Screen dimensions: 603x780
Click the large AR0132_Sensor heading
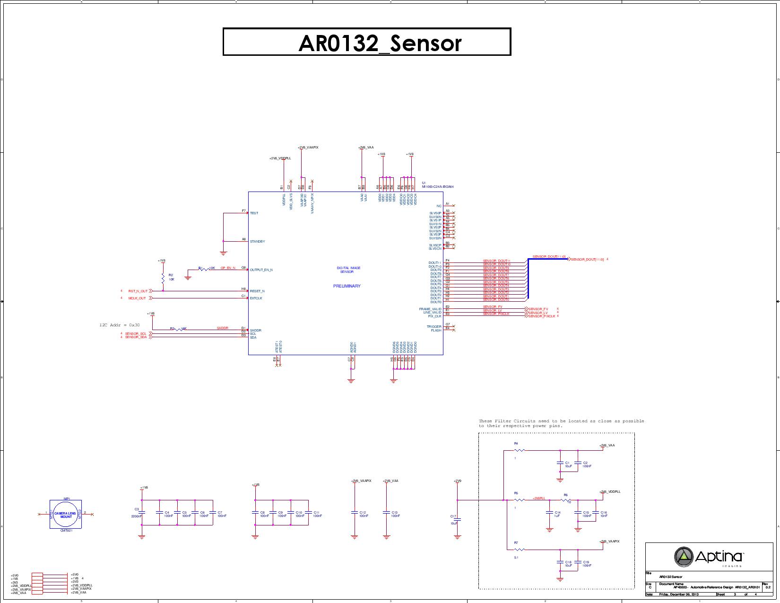[367, 43]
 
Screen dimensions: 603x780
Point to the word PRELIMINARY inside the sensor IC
[347, 286]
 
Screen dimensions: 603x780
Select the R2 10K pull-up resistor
[163, 278]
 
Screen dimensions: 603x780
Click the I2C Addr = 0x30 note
[120, 325]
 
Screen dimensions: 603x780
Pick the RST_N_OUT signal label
[138, 291]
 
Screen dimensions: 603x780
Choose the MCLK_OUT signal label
[137, 298]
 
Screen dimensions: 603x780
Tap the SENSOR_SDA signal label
[136, 337]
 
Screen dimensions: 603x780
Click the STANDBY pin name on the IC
[257, 242]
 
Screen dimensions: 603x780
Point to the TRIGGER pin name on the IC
[434, 327]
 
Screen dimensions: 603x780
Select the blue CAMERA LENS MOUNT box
[66, 515]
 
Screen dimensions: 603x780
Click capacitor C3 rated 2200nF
[141, 513]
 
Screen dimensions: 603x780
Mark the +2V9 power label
[457, 481]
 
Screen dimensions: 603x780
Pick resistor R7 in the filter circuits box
[519, 550]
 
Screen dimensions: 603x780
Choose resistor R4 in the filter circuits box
[519, 450]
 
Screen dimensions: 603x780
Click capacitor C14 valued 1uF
[550, 513]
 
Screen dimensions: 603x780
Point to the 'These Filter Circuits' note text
[561, 423]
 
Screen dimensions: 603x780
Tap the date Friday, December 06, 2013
[679, 594]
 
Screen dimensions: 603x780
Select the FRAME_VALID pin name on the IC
[430, 309]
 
